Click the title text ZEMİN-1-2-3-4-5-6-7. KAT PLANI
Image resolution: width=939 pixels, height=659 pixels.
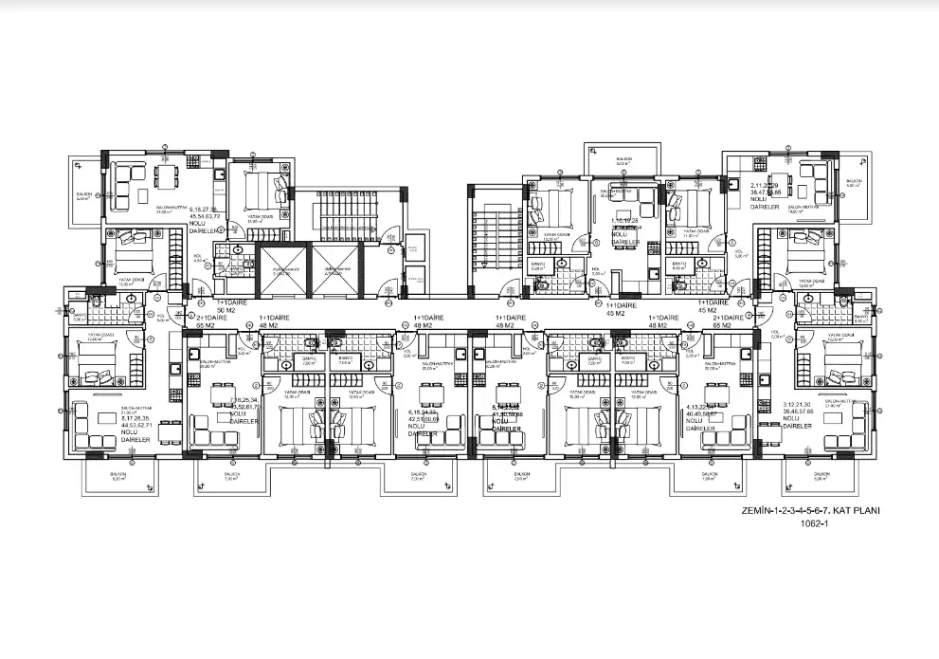coord(813,510)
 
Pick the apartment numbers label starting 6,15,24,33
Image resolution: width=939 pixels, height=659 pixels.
coord(423,423)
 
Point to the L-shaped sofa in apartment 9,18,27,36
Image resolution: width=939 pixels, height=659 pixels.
coord(123,188)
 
